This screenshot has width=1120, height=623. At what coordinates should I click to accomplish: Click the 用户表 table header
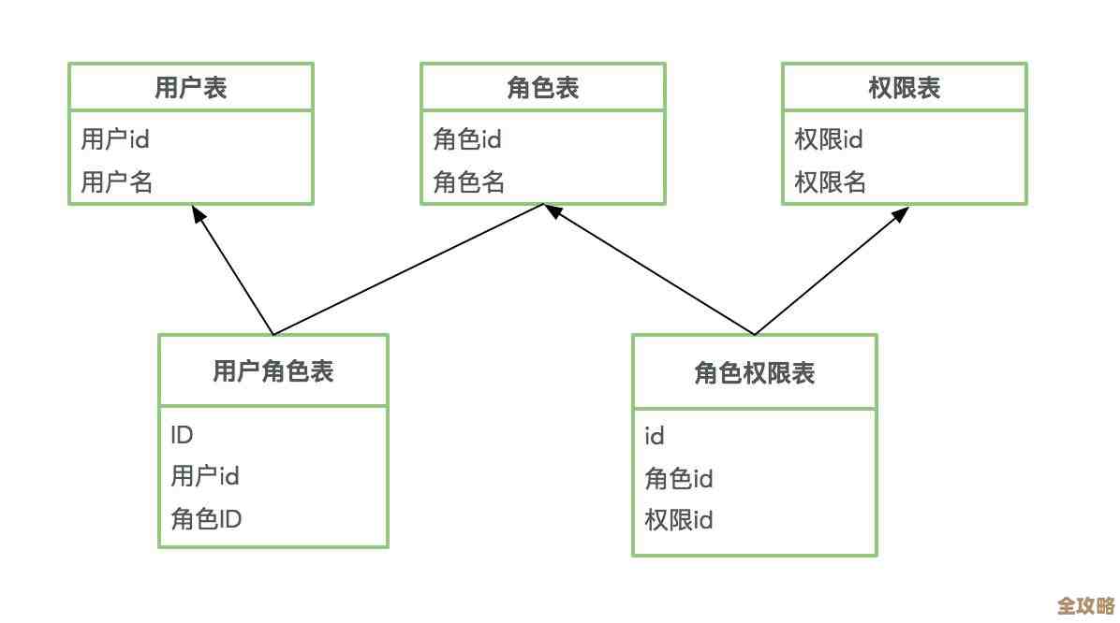pyautogui.click(x=190, y=88)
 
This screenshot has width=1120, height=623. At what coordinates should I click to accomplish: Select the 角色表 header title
pyautogui.click(x=542, y=88)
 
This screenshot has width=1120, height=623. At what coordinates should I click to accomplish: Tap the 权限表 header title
pyautogui.click(x=904, y=88)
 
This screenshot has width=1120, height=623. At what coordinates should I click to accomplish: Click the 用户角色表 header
pyautogui.click(x=273, y=371)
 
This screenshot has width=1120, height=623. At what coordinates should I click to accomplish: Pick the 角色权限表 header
pyautogui.click(x=754, y=373)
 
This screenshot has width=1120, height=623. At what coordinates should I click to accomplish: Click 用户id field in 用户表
pyautogui.click(x=115, y=139)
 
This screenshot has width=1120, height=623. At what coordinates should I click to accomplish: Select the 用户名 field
pyautogui.click(x=116, y=181)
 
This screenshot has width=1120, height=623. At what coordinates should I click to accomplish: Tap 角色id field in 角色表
pyautogui.click(x=467, y=139)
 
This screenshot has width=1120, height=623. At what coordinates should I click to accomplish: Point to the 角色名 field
pyautogui.click(x=468, y=181)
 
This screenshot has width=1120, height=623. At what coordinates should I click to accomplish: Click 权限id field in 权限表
pyautogui.click(x=829, y=139)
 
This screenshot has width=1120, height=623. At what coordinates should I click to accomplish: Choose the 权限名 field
pyautogui.click(x=830, y=181)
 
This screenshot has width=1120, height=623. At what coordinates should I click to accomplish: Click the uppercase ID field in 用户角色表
pyautogui.click(x=182, y=435)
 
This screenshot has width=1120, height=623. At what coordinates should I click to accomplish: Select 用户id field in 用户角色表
pyautogui.click(x=205, y=476)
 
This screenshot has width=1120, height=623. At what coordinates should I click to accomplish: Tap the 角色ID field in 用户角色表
pyautogui.click(x=206, y=518)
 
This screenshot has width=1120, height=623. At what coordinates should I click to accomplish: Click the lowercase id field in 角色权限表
pyautogui.click(x=655, y=436)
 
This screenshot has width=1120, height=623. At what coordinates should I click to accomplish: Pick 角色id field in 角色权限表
pyautogui.click(x=679, y=478)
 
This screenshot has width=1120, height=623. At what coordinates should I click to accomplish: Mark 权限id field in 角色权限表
pyautogui.click(x=679, y=519)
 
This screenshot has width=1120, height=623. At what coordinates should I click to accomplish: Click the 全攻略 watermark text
pyautogui.click(x=1086, y=604)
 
